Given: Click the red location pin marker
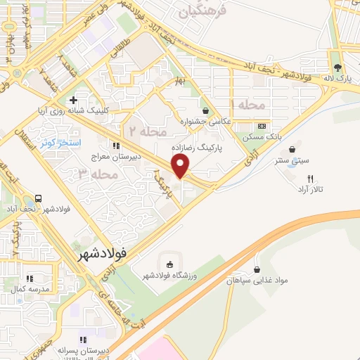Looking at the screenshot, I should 181,166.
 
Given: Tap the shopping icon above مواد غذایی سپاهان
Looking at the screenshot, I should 257,269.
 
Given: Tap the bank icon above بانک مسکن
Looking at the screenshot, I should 262,124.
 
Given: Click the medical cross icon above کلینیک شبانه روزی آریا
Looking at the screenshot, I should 73,100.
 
